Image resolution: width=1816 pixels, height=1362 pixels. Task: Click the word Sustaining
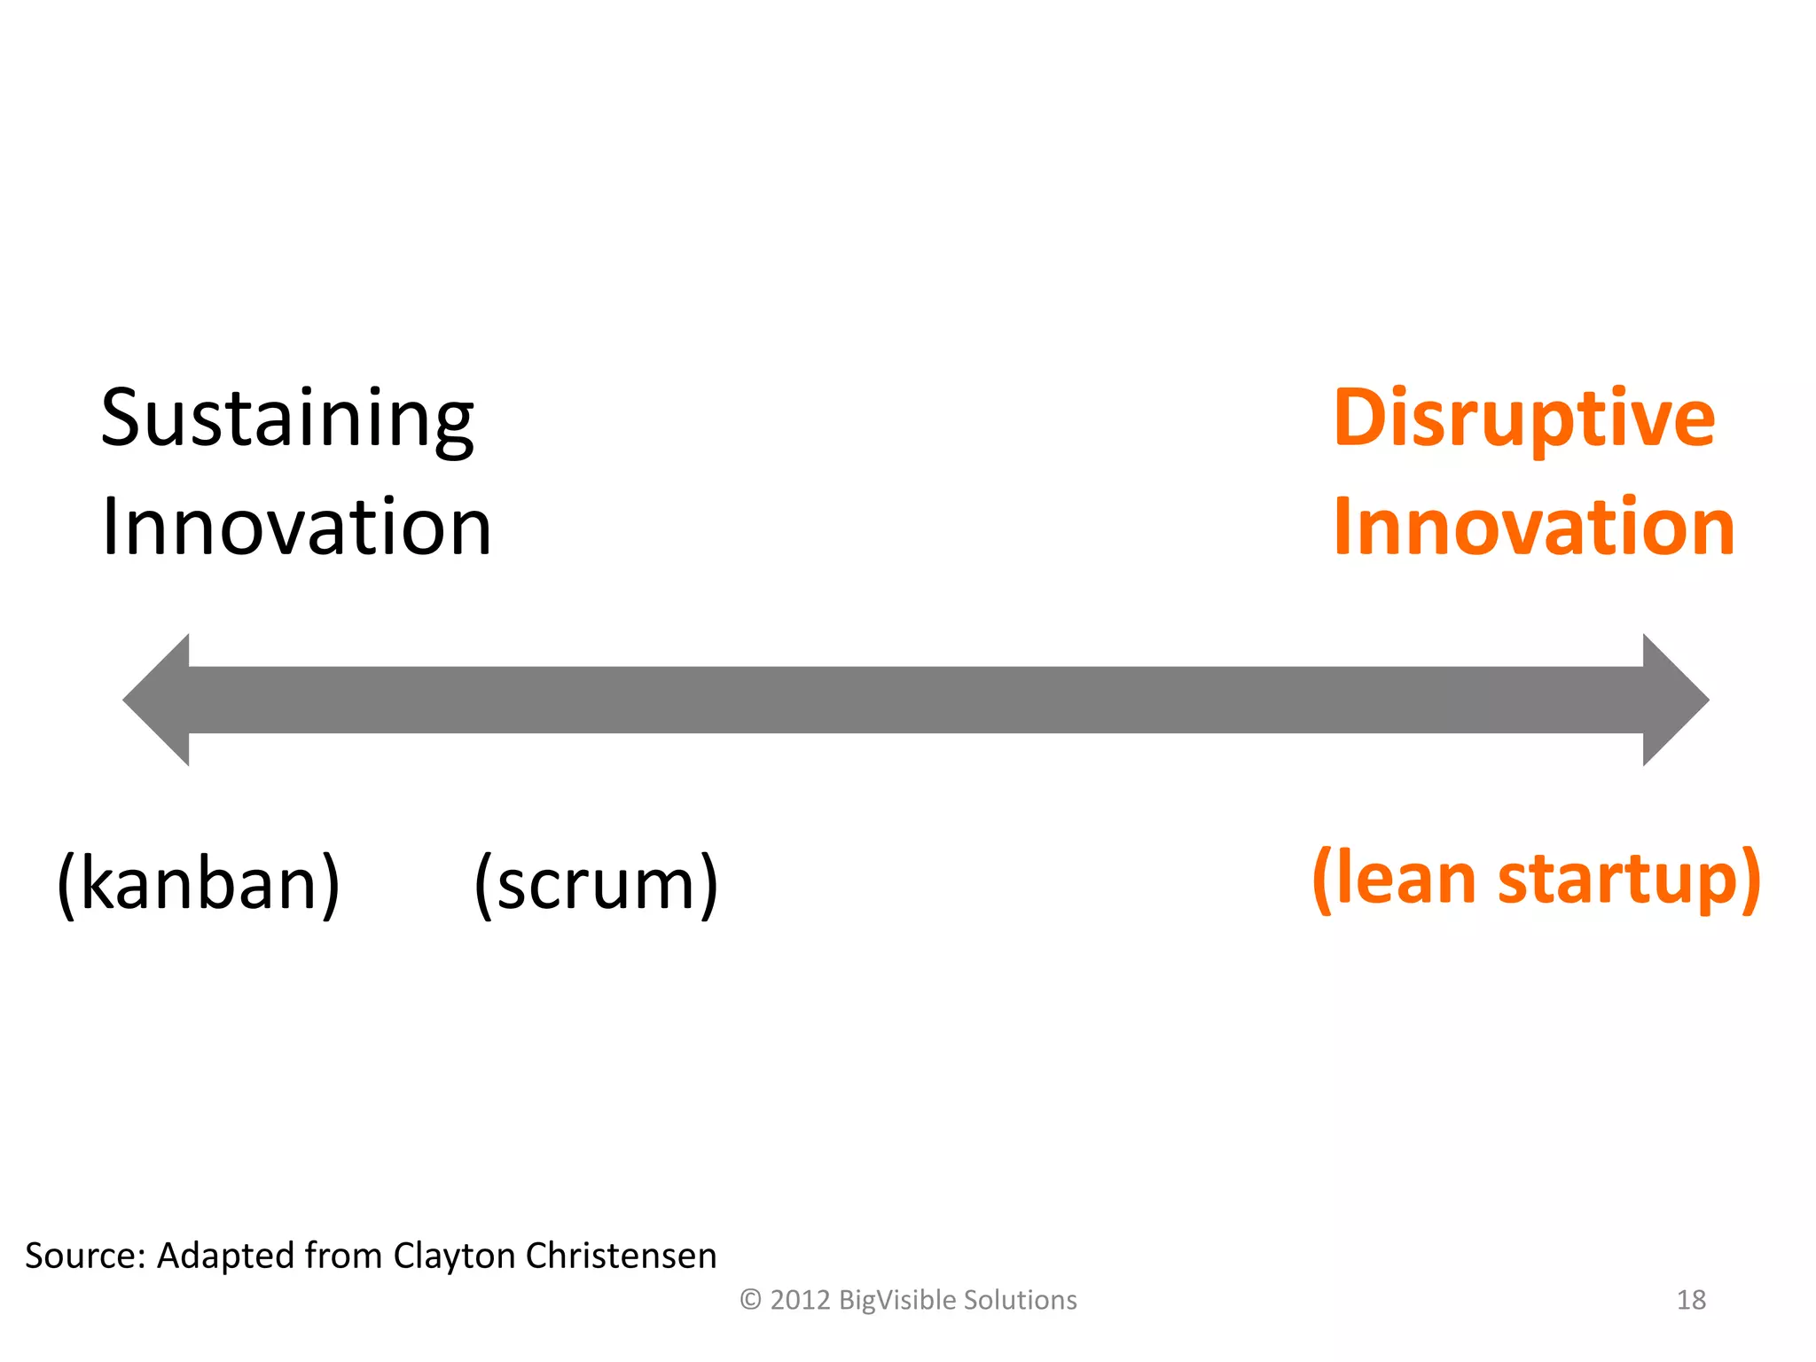287,419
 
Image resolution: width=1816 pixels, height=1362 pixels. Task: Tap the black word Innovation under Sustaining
296,528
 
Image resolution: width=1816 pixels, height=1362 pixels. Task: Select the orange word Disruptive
1523,419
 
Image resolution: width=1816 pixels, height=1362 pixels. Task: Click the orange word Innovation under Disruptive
1533,528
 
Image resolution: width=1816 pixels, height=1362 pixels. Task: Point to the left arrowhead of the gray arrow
160,700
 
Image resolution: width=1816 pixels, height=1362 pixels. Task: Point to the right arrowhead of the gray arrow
1674,700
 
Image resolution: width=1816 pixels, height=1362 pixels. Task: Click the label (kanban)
199,883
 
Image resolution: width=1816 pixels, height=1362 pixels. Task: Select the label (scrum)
596,883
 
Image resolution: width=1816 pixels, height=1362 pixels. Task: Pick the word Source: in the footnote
85,1256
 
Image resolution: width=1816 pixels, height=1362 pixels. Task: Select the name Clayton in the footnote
453,1256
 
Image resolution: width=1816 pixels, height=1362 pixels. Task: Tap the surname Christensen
621,1256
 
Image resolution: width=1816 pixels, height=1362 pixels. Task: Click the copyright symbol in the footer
750,1300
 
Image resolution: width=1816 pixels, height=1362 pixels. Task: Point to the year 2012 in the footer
800,1300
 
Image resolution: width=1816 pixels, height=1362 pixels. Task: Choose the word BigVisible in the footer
896,1300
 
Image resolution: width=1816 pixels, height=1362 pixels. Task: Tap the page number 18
1691,1300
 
